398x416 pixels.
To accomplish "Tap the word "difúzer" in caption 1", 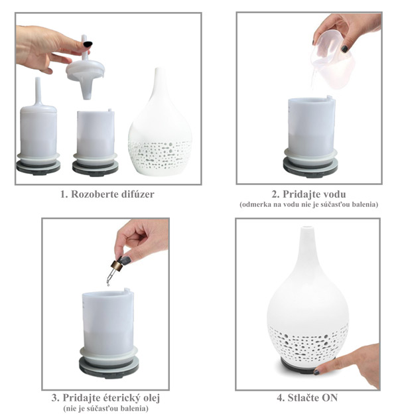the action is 137,194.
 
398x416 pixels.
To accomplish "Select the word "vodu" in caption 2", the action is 333,194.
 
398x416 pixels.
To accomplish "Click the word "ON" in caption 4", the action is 328,397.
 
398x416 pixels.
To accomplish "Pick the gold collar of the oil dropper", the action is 117,265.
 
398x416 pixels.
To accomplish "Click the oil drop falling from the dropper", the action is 108,285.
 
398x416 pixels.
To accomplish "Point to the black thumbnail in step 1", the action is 88,44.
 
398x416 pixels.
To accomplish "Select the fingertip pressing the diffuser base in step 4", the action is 317,372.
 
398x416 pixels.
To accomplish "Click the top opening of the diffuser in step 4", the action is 307,228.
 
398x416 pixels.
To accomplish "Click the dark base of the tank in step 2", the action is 310,167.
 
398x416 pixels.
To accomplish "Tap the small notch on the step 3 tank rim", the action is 127,290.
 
